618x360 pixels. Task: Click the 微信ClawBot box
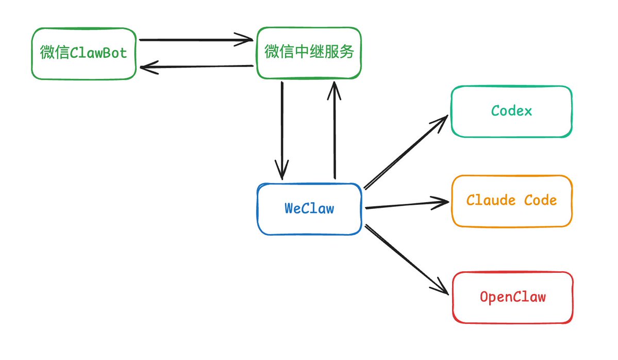tap(83, 54)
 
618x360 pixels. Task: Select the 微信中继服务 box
tap(309, 53)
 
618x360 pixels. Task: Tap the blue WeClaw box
tap(309, 209)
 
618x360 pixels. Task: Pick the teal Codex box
tap(511, 111)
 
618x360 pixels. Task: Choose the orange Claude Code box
tap(511, 201)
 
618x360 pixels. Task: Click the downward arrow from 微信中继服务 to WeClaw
tap(282, 129)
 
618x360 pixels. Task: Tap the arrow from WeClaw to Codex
tap(405, 153)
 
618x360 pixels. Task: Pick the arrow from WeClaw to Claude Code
tap(405, 205)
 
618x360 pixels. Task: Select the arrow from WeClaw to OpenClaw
tap(405, 258)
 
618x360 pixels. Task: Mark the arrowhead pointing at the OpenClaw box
tap(441, 288)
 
